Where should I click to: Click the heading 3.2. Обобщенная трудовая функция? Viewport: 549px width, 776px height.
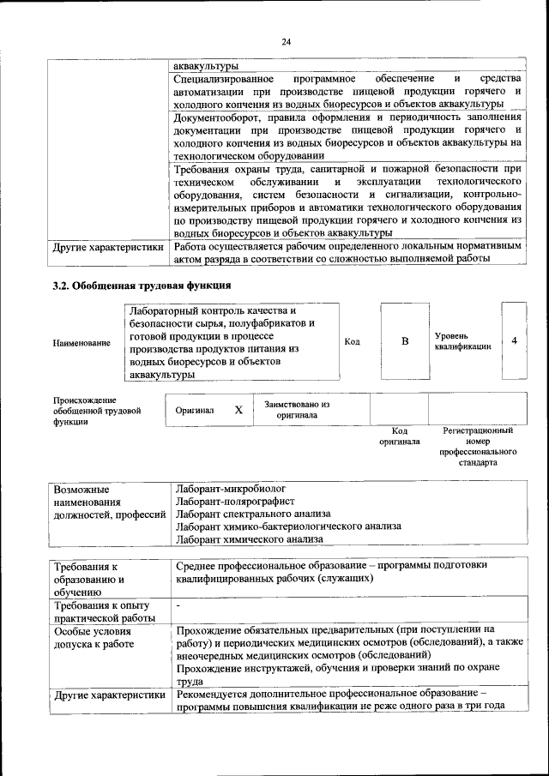click(x=142, y=286)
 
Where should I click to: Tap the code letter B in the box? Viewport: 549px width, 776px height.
click(x=405, y=341)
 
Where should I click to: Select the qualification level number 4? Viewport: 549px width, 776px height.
click(x=514, y=340)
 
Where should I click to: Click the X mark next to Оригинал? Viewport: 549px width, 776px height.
click(x=238, y=410)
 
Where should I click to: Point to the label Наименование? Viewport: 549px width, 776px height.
click(x=81, y=343)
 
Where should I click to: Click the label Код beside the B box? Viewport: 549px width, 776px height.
click(x=352, y=341)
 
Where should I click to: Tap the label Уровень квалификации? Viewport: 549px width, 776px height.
click(x=462, y=340)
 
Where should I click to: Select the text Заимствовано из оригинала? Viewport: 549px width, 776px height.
click(x=297, y=410)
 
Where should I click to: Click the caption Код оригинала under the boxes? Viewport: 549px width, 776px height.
click(x=399, y=436)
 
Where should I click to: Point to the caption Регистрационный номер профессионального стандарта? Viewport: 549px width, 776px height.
click(x=478, y=446)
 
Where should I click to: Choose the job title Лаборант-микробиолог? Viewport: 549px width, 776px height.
click(x=230, y=488)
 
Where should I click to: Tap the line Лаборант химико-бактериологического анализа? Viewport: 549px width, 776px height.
click(x=279, y=526)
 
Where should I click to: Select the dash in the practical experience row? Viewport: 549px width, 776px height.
click(x=178, y=605)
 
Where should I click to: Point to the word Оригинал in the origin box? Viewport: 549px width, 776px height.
click(x=194, y=411)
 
